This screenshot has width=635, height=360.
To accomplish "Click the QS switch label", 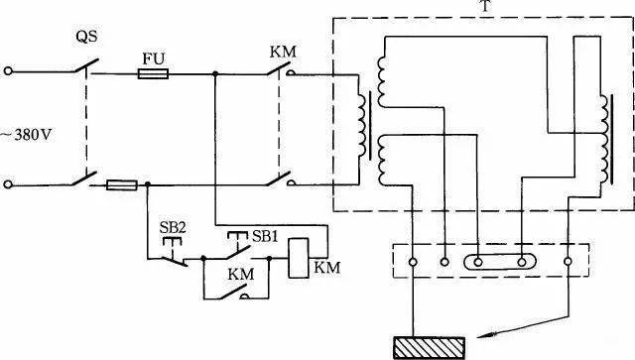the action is (86, 37).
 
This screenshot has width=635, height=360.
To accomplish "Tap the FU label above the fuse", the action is (154, 60).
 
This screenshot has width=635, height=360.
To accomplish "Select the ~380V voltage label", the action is (27, 135).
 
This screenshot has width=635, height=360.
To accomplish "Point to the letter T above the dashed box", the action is (485, 7).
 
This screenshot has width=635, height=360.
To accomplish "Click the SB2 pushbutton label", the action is (172, 227).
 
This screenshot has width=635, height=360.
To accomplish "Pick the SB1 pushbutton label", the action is (265, 236).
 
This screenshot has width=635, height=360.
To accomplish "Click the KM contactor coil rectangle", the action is (298, 258).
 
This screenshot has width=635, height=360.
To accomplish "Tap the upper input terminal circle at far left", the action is (8, 71).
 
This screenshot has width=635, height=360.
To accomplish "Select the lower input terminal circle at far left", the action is (8, 184).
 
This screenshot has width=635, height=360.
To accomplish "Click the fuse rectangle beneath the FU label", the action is (153, 73).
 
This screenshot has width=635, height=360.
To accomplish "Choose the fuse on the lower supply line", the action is (122, 185).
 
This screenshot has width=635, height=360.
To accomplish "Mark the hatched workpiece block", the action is (430, 348).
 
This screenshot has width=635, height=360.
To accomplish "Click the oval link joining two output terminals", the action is (500, 262).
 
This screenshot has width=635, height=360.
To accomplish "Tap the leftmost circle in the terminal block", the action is (413, 262).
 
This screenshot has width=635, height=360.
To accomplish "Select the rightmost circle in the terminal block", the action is (568, 262).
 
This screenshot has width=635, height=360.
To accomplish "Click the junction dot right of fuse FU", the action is (215, 73).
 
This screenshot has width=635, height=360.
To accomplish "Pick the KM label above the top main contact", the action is (283, 52).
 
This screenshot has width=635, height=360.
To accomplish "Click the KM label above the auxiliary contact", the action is (240, 274).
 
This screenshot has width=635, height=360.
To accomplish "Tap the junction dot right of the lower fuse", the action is (148, 184).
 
